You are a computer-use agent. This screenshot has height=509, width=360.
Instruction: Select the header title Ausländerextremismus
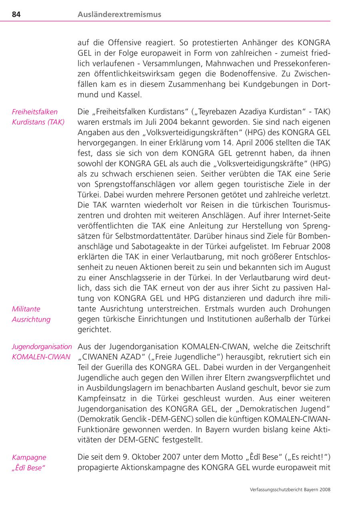[119, 14]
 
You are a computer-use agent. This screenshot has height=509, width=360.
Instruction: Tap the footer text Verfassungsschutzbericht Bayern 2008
[289, 489]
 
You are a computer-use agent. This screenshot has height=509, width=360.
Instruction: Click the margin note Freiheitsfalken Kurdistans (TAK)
[38, 117]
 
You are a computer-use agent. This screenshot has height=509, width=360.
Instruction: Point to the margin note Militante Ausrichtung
[31, 314]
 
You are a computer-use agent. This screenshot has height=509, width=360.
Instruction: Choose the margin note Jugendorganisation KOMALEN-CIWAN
[42, 351]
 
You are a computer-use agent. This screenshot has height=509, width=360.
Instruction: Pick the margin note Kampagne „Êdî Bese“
[29, 462]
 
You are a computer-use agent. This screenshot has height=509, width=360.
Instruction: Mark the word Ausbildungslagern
[120, 388]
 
